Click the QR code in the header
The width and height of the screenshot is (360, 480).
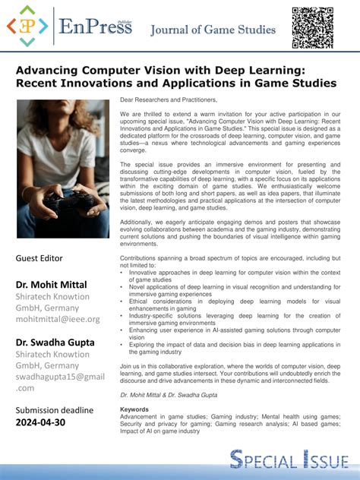pos(312,27)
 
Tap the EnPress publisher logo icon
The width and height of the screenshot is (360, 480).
pos(27,27)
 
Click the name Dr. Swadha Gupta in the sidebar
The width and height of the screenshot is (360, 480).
pos(55,343)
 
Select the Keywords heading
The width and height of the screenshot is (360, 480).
pos(134,409)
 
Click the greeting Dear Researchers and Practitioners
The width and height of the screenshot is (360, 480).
pos(169,100)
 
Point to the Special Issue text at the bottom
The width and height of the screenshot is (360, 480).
pos(290,459)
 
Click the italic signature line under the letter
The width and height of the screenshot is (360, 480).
pos(168,396)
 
